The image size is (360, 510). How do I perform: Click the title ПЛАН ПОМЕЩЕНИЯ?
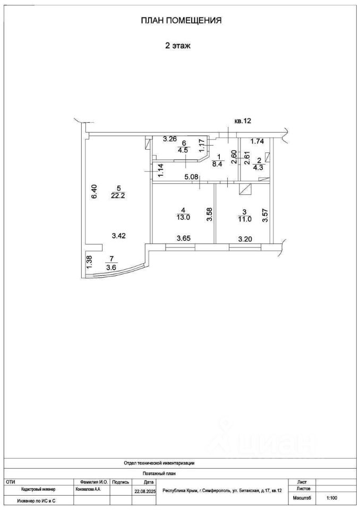click(x=181, y=21)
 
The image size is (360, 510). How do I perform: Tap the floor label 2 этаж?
click(x=177, y=46)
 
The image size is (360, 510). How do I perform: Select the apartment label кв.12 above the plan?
click(x=242, y=121)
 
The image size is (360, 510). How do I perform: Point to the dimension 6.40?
click(x=95, y=191)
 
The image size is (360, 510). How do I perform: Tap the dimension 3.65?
click(x=183, y=239)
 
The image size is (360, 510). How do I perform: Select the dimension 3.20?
click(x=245, y=239)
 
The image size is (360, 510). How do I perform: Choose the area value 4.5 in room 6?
click(x=183, y=149)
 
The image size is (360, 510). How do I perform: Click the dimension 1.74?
click(x=258, y=141)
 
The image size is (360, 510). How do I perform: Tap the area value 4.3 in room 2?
click(x=258, y=167)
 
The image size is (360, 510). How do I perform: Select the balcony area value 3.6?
click(x=111, y=267)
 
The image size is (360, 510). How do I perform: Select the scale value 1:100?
click(x=332, y=498)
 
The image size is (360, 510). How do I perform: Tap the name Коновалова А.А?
click(x=88, y=489)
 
